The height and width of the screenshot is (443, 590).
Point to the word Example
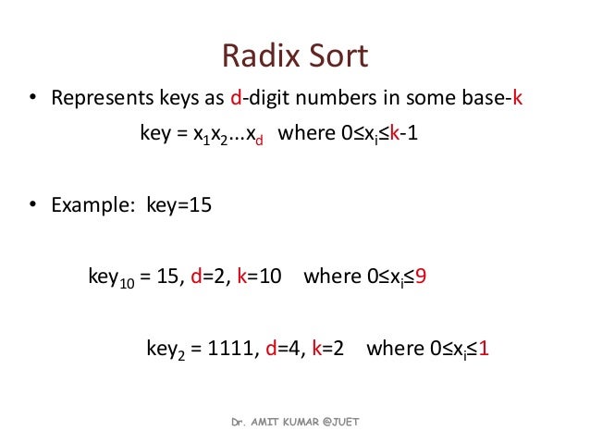92,204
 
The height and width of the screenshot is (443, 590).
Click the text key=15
178,204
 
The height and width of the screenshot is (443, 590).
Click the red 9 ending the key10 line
420,277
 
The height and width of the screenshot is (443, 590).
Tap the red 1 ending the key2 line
484,349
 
